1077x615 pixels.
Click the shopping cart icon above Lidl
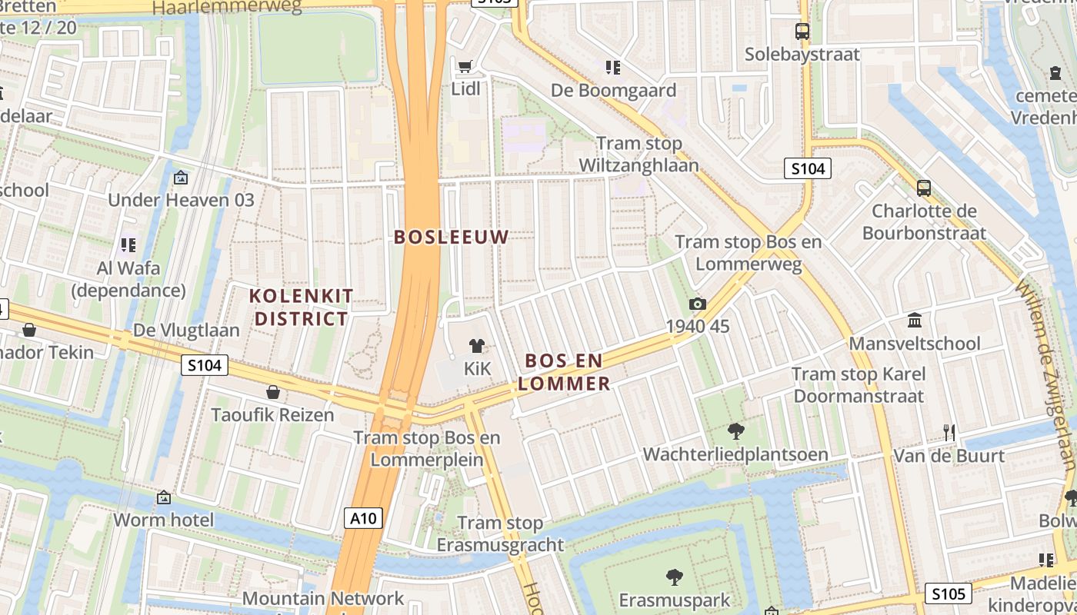pyautogui.click(x=465, y=67)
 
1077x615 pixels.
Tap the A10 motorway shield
pyautogui.click(x=363, y=518)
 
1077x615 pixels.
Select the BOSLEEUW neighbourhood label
pyautogui.click(x=452, y=237)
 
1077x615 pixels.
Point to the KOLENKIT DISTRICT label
pyautogui.click(x=302, y=307)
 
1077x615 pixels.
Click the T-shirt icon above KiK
pyautogui.click(x=477, y=346)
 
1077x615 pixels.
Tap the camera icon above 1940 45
pyautogui.click(x=698, y=304)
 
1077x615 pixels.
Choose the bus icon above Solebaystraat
pyautogui.click(x=802, y=32)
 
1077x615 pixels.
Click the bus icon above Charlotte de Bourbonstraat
pyautogui.click(x=924, y=188)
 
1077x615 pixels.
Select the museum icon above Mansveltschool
pyautogui.click(x=915, y=320)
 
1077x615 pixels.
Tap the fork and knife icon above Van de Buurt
pyautogui.click(x=949, y=433)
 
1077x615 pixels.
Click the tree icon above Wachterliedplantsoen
pyautogui.click(x=735, y=431)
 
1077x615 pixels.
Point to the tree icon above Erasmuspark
pyautogui.click(x=675, y=577)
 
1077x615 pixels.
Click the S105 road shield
pyautogui.click(x=948, y=593)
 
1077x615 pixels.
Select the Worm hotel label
pyautogui.click(x=164, y=520)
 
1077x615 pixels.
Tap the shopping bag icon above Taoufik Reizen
pyautogui.click(x=272, y=393)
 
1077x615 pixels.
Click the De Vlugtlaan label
pyautogui.click(x=187, y=331)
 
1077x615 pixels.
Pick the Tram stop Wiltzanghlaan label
pyautogui.click(x=639, y=155)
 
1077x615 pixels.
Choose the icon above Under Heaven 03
pyautogui.click(x=181, y=178)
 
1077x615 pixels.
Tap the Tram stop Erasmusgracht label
pyautogui.click(x=500, y=534)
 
